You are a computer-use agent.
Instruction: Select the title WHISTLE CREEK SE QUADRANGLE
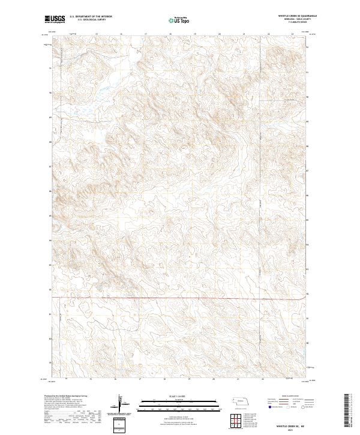(296, 16)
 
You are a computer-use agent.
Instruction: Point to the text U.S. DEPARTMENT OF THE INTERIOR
(91, 16)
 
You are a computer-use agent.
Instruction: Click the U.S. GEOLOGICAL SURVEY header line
(86, 20)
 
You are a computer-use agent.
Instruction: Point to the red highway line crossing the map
(180, 296)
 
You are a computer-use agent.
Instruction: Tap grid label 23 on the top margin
(292, 34)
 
